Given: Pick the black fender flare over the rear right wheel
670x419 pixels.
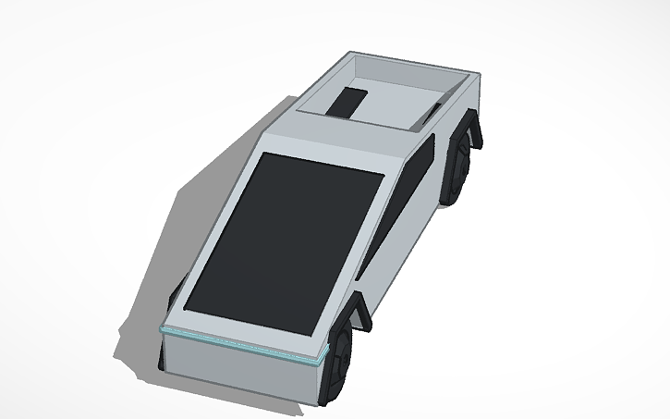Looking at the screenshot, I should [x=476, y=129].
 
